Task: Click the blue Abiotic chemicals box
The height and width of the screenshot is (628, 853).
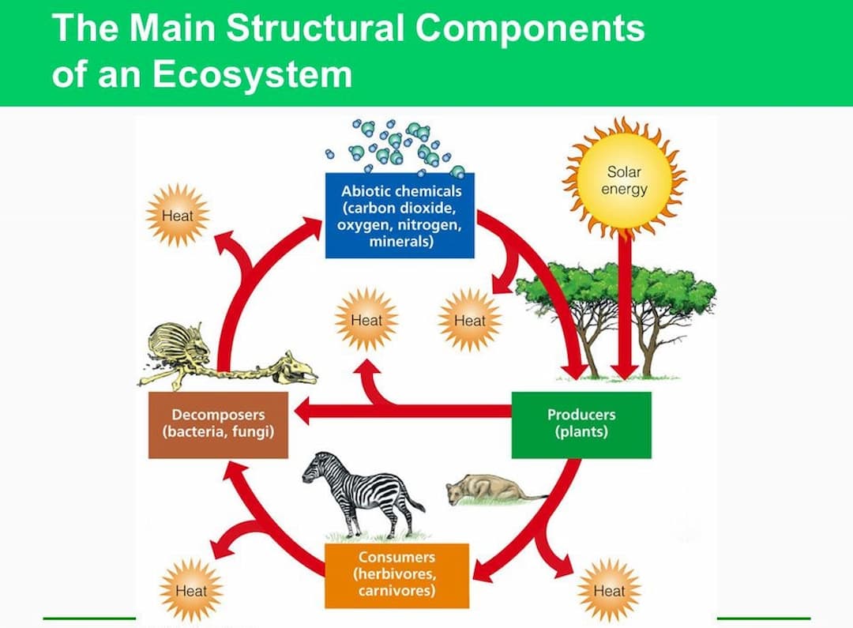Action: tap(400, 216)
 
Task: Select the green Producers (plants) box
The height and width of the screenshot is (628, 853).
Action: tap(581, 425)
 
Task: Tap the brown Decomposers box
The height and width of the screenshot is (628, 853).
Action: tap(218, 425)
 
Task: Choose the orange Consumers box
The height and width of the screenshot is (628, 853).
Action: tap(397, 576)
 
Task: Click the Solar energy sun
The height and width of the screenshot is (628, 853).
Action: tap(624, 180)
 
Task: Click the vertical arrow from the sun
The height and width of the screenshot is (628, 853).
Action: tap(625, 305)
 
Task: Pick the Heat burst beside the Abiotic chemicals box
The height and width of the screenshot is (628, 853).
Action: tap(178, 216)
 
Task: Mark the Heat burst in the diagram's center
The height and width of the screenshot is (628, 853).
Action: tap(366, 320)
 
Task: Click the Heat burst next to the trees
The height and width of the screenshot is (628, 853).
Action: tap(469, 320)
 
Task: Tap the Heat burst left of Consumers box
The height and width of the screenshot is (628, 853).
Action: tap(191, 590)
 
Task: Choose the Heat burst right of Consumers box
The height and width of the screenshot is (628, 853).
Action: tap(609, 590)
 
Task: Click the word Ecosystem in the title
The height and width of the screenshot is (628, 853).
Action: tap(252, 74)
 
